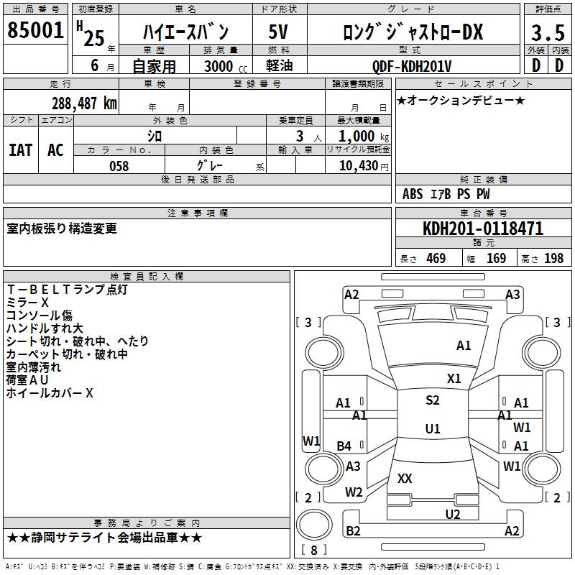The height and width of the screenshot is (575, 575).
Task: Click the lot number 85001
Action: pyautogui.click(x=35, y=32)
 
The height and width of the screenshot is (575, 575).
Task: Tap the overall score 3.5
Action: pyautogui.click(x=546, y=33)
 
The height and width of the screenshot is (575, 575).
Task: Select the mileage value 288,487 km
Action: pyautogui.click(x=84, y=103)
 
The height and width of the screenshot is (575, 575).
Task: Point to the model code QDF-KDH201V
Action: pyautogui.click(x=412, y=66)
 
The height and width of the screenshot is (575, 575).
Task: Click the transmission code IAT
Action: pyautogui.click(x=20, y=150)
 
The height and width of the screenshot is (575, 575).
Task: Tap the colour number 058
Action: pyautogui.click(x=119, y=166)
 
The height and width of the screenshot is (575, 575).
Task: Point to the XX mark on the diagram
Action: pyautogui.click(x=405, y=478)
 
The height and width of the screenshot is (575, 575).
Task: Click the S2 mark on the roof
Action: pyautogui.click(x=432, y=400)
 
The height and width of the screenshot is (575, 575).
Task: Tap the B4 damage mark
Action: pyautogui.click(x=344, y=446)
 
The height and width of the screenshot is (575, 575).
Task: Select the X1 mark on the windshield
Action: pyautogui.click(x=454, y=378)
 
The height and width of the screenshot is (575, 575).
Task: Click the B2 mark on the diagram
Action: pyautogui.click(x=353, y=531)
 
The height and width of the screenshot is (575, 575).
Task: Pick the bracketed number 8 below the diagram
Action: pyautogui.click(x=314, y=551)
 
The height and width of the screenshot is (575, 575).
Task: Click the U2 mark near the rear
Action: pyautogui.click(x=452, y=514)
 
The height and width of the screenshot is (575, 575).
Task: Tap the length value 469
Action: pyautogui.click(x=436, y=259)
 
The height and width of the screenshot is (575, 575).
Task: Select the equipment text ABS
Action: pyautogui.click(x=413, y=194)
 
